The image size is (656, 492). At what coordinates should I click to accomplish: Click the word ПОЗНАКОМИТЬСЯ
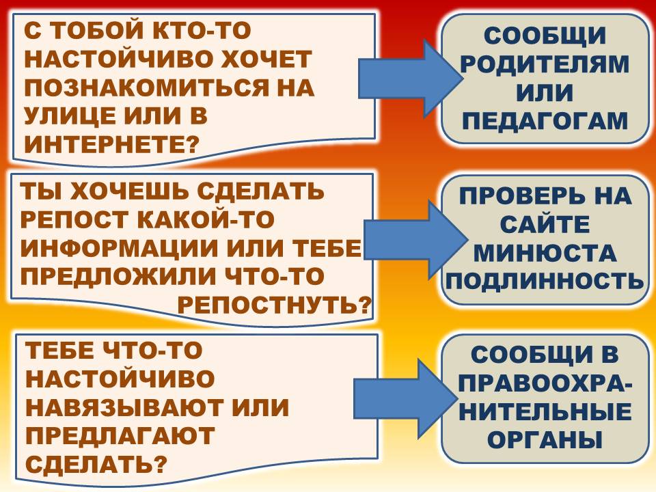(x=148, y=88)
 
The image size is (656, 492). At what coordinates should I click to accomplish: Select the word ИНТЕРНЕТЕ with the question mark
(x=111, y=144)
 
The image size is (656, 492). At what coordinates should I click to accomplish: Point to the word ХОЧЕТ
(x=265, y=59)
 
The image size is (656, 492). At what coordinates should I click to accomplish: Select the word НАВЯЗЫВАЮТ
(x=126, y=407)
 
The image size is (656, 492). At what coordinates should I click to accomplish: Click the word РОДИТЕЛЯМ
(x=545, y=64)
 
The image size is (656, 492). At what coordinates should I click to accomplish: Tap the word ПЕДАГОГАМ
(x=545, y=122)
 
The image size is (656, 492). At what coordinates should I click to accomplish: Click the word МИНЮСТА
(x=545, y=253)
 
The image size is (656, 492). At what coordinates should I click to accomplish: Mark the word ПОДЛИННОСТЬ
(x=545, y=281)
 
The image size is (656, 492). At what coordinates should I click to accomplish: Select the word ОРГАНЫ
(x=545, y=439)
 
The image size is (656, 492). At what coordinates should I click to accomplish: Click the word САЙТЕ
(x=545, y=224)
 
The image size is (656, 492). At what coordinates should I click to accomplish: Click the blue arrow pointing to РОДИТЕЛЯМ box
(x=411, y=79)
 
